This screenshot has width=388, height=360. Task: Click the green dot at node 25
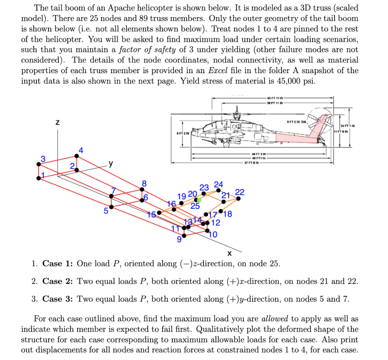point(199,200)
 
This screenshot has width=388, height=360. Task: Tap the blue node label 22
point(239,192)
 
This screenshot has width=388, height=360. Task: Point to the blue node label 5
point(106,211)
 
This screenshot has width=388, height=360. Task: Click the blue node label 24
point(219,185)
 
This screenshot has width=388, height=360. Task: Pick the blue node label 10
point(213,235)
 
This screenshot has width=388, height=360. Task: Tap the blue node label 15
point(152,214)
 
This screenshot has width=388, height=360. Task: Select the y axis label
point(110,164)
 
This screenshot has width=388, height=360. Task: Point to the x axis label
point(229,253)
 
